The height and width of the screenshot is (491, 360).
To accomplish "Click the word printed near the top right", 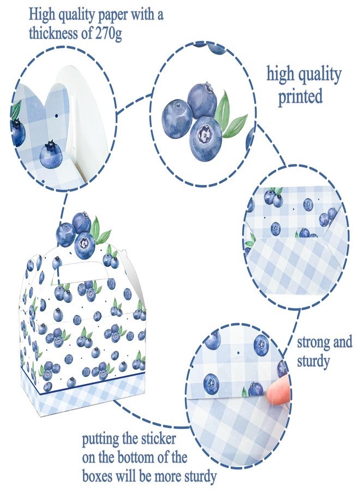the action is (301, 97).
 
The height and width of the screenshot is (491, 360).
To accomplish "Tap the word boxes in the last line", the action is (97, 477).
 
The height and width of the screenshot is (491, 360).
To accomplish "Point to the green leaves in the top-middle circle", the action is (232, 114).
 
